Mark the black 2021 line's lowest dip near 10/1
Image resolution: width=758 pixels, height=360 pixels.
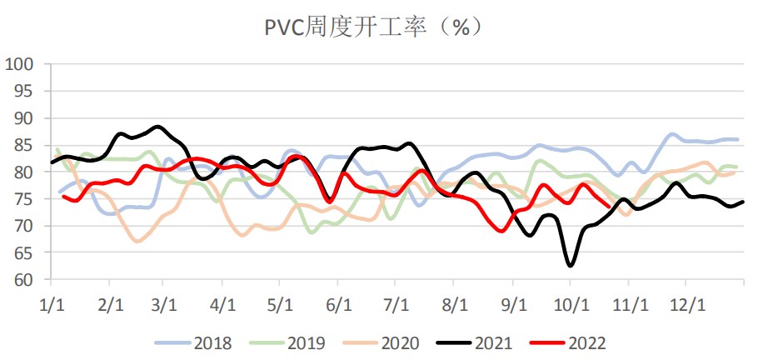coord(571,266)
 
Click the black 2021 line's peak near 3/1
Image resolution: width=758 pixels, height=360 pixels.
coord(158,127)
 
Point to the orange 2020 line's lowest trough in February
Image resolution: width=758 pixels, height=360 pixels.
coord(138,241)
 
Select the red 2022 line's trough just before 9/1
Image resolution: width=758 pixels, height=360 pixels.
coord(501,231)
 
